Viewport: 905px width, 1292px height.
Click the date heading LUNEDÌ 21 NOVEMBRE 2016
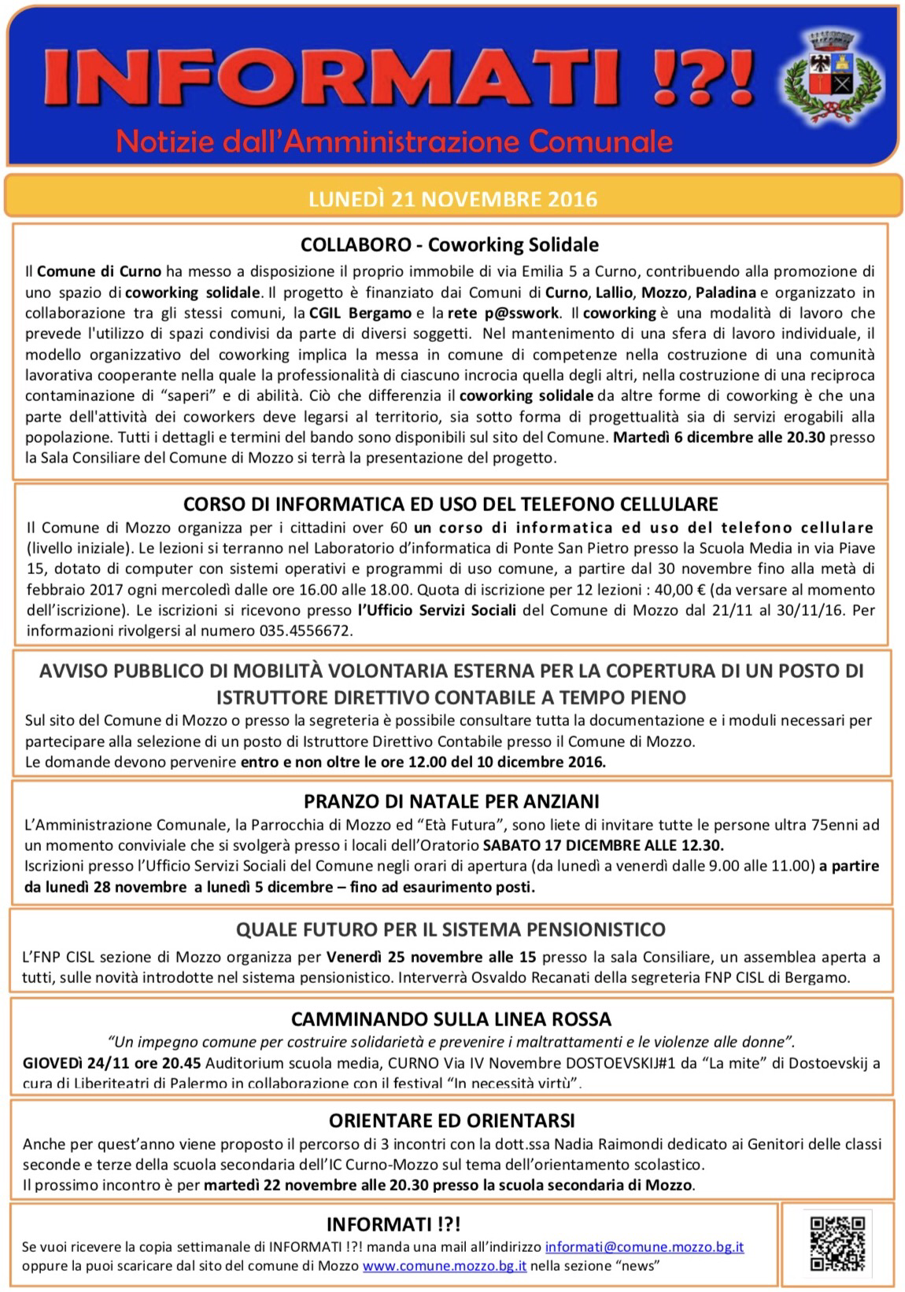[452, 198]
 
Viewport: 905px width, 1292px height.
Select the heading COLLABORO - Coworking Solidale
[449, 245]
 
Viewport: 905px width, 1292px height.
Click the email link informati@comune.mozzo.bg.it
[645, 1247]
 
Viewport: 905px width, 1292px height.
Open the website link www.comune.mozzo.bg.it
[445, 1266]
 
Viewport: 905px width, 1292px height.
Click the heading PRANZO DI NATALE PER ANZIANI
[451, 801]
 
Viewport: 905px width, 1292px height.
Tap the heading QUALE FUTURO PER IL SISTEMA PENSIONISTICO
[451, 929]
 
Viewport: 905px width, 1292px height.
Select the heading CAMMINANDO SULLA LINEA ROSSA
[451, 1019]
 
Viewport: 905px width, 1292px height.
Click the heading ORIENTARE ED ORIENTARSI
[451, 1120]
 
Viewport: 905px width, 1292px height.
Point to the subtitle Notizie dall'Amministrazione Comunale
[394, 142]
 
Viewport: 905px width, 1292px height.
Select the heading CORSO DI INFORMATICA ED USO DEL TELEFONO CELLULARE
[451, 503]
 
